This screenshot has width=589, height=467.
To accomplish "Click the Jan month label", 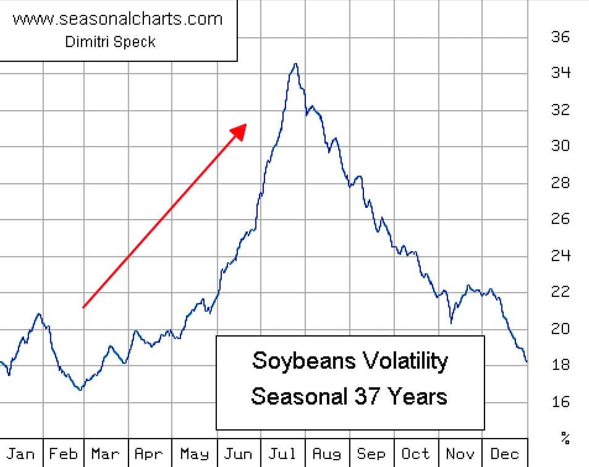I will click(x=20, y=454).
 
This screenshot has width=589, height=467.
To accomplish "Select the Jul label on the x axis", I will click(x=282, y=454).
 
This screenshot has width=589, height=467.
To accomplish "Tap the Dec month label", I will click(x=504, y=454).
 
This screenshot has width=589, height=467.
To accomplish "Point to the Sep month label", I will click(x=371, y=454).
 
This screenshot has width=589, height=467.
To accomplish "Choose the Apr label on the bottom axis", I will click(x=149, y=454).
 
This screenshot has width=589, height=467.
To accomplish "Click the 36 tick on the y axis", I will click(x=561, y=36).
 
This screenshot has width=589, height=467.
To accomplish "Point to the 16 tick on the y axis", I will click(x=561, y=402).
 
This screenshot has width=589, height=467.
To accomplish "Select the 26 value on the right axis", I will click(x=561, y=219).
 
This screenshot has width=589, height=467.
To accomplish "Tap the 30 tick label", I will click(x=561, y=146).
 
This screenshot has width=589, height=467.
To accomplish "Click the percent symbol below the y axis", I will click(x=565, y=439).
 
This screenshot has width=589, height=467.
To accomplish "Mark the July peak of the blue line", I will click(x=295, y=64).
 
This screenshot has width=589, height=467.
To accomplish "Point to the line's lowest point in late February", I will click(x=80, y=389).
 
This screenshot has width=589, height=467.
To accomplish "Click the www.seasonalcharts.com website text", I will click(x=117, y=19).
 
